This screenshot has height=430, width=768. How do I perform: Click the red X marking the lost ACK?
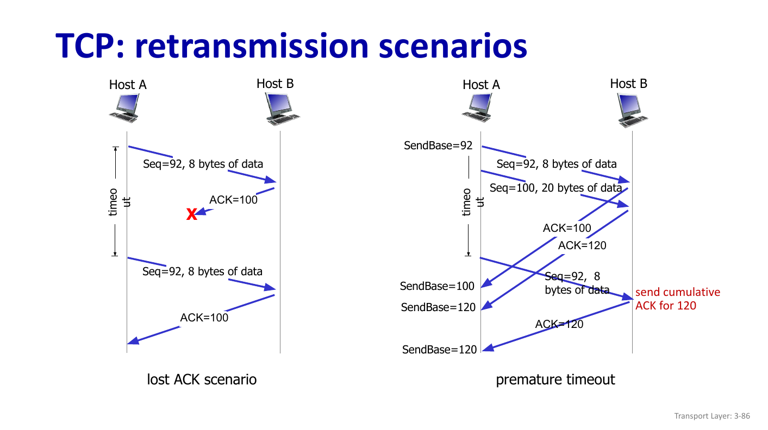(191, 215)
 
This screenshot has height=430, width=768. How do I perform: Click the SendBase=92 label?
(438, 146)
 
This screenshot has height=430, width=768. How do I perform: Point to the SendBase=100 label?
(437, 286)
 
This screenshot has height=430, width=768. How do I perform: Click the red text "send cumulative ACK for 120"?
(678, 299)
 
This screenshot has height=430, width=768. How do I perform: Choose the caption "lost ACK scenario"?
(202, 379)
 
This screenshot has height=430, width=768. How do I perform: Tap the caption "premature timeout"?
(555, 379)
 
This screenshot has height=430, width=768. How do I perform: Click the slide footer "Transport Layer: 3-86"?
(712, 416)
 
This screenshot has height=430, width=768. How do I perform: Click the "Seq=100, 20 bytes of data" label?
(555, 188)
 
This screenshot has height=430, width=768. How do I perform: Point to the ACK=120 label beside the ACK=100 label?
(582, 245)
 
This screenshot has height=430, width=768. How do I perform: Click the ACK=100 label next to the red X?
(233, 199)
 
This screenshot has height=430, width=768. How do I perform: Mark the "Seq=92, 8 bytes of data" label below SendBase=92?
(557, 164)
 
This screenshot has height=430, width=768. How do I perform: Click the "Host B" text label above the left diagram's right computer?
(275, 84)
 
